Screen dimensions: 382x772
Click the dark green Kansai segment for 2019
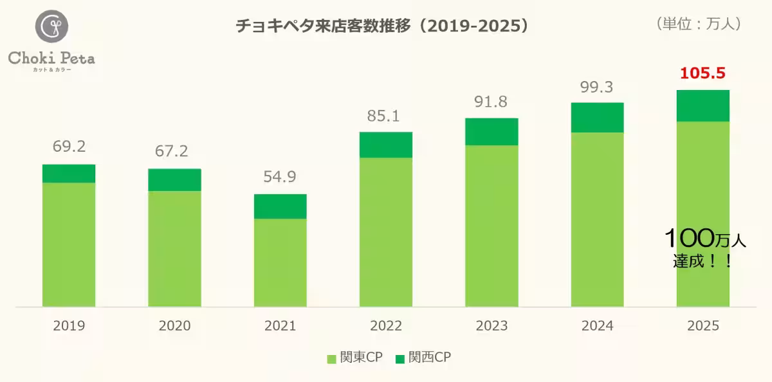(x=69, y=174)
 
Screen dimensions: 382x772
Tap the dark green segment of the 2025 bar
(x=703, y=105)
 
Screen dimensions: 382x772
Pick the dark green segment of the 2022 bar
(x=386, y=145)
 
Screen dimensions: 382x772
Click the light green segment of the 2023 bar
(x=492, y=225)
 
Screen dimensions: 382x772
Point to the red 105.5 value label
(x=703, y=73)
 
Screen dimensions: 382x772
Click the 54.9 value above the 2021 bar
(x=280, y=177)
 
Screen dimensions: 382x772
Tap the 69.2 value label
(x=69, y=147)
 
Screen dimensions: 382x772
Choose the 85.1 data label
(x=386, y=116)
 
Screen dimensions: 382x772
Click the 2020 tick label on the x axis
(x=174, y=326)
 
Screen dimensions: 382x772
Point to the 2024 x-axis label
(x=597, y=326)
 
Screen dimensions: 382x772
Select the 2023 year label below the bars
(x=492, y=326)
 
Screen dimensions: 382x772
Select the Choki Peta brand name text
(x=51, y=58)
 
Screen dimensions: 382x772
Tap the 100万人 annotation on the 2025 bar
(x=704, y=240)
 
